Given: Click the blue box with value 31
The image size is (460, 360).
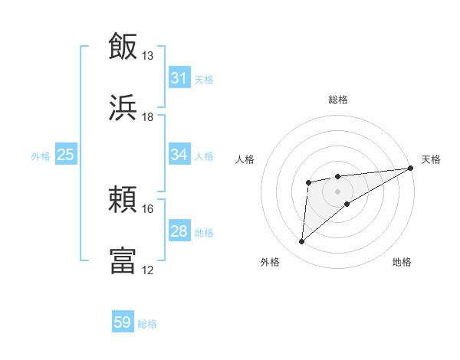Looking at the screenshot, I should [179, 78].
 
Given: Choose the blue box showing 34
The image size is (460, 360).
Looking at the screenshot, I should [179, 155].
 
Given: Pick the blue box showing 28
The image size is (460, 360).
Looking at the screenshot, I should [179, 231].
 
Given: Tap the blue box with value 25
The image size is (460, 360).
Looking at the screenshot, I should [65, 155].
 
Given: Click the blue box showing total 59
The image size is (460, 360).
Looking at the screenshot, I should [123, 322].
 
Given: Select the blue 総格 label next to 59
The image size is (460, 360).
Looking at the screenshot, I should [147, 324].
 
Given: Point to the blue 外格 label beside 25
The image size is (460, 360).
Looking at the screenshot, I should [41, 156].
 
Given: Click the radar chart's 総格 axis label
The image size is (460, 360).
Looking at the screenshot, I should [337, 100].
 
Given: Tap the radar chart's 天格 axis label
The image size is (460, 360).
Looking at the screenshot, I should [431, 159].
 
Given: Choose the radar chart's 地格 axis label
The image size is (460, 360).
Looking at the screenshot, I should [402, 262].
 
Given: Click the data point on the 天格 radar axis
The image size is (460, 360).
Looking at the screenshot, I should [411, 168].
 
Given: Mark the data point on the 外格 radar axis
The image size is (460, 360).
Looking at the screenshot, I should [301, 242].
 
